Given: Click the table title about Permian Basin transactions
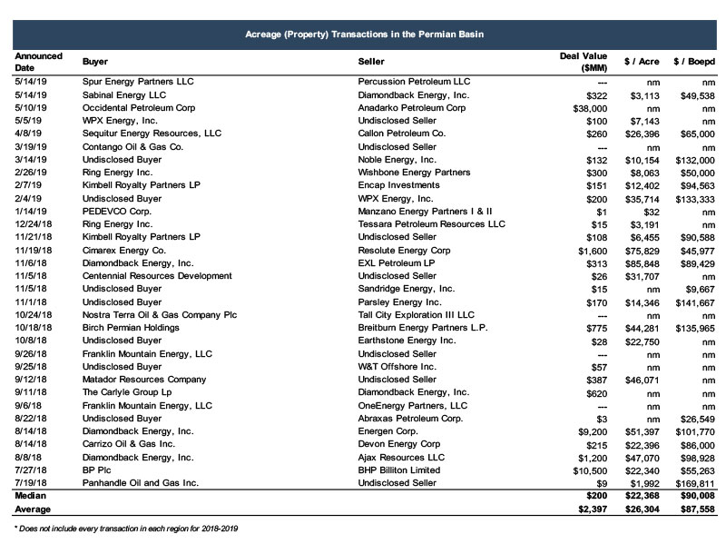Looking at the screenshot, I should pos(364,34).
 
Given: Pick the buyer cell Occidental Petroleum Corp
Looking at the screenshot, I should pos(134,107).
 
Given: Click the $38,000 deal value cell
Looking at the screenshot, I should pos(586,107).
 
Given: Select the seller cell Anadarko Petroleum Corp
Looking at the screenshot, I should pos(411,107).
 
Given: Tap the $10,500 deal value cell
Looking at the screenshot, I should pos(586,470).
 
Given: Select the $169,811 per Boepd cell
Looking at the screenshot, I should pos(694,483).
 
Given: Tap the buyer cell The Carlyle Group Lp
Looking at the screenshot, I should pos(126,392).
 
